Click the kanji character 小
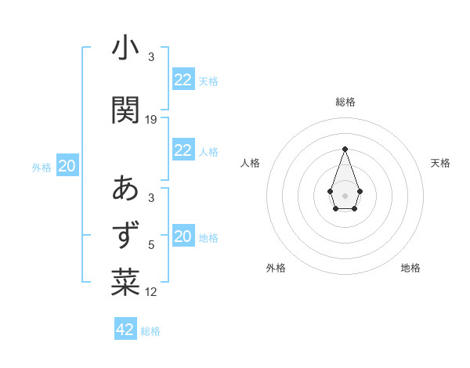point(125,49)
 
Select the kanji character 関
point(125,110)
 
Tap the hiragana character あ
point(125,189)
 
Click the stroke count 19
point(151,120)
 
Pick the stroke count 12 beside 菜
point(151,292)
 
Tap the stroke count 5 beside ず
point(151,245)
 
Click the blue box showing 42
point(125,330)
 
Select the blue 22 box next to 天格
point(183,80)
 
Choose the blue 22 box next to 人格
point(183,150)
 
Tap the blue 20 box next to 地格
point(183,236)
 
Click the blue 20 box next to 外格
point(67,166)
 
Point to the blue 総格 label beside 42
point(150,331)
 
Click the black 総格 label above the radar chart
point(345,102)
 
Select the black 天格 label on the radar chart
point(441,163)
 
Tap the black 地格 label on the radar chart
point(410,268)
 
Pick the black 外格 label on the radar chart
point(276,268)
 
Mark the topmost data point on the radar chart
point(345,149)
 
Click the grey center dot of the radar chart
point(345,195)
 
